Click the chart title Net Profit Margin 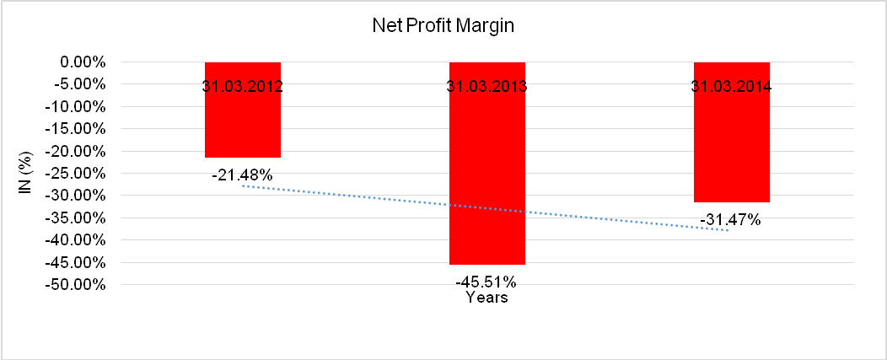(443, 25)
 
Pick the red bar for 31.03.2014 (732, 143)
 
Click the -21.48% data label (243, 175)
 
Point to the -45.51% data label (487, 282)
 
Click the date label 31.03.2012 (243, 86)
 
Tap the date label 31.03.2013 (487, 86)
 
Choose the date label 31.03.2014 (732, 86)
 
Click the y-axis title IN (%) (26, 174)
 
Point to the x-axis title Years (487, 298)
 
